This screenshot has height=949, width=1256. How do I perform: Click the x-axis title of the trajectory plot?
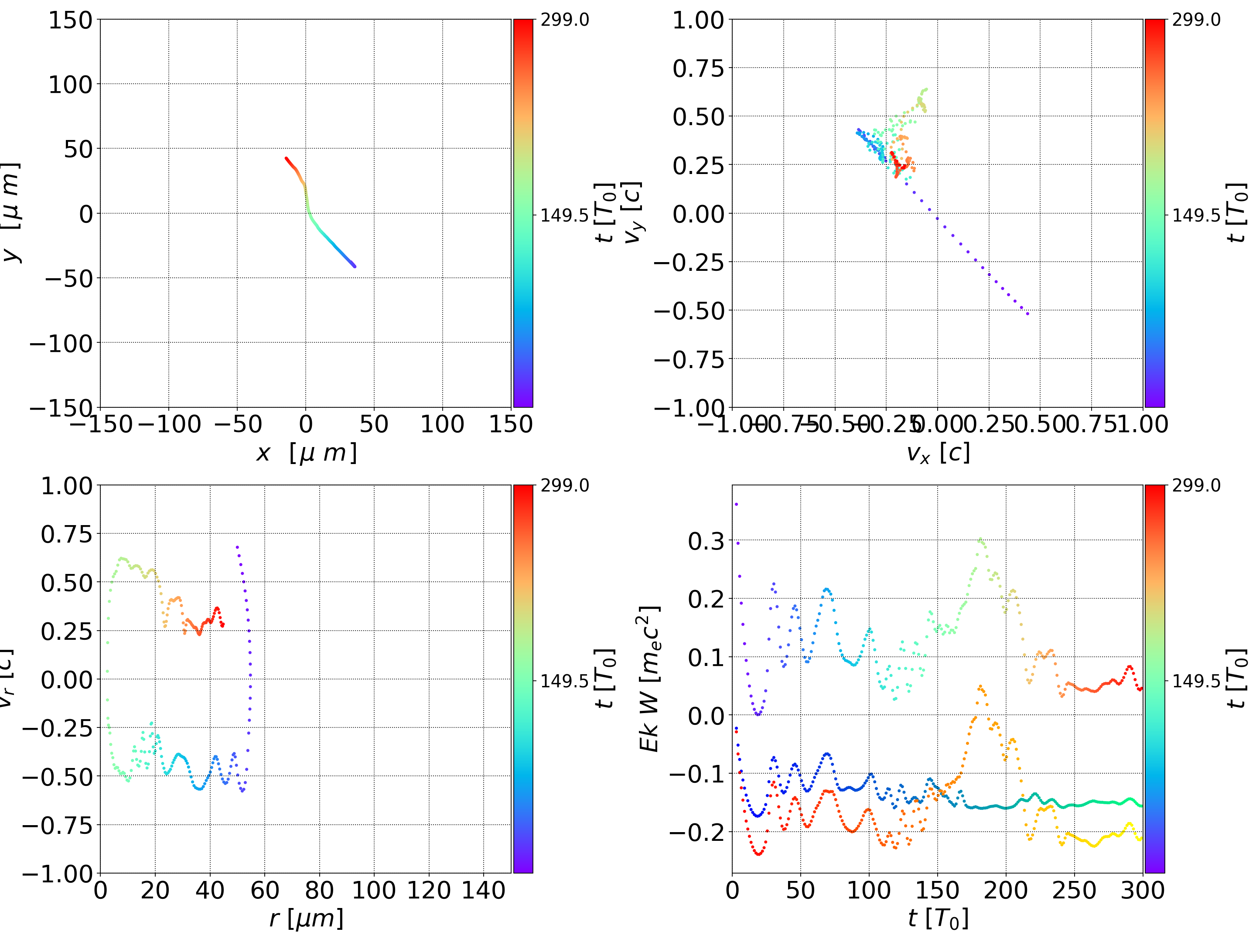pyautogui.click(x=306, y=453)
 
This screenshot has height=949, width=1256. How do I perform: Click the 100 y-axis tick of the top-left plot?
pyautogui.click(x=70, y=85)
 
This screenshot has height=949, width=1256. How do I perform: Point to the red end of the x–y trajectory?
pyautogui.click(x=286, y=158)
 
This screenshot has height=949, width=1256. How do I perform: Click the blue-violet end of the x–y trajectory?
pyautogui.click(x=354, y=266)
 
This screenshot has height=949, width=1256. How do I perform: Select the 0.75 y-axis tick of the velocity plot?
pyautogui.click(x=698, y=68)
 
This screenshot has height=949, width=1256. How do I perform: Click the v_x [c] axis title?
pyautogui.click(x=938, y=453)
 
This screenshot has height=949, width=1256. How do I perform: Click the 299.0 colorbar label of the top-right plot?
pyautogui.click(x=1196, y=20)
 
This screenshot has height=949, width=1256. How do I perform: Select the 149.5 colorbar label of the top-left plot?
pyautogui.click(x=564, y=215)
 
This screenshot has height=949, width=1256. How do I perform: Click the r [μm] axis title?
pyautogui.click(x=306, y=918)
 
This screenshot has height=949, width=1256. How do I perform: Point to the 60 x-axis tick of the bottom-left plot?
pyautogui.click(x=265, y=890)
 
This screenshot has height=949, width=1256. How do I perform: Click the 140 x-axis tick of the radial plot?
pyautogui.click(x=483, y=890)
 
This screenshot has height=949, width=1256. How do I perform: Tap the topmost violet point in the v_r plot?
pyautogui.click(x=237, y=547)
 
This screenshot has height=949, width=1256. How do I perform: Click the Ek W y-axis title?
pyautogui.click(x=649, y=679)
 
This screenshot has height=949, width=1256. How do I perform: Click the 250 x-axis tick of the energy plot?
pyautogui.click(x=1074, y=890)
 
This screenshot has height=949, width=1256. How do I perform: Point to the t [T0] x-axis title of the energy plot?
pyautogui.click(x=938, y=918)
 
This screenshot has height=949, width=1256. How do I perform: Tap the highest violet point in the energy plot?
pyautogui.click(x=737, y=504)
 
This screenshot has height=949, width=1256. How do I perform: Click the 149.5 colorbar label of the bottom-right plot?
pyautogui.click(x=1196, y=680)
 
